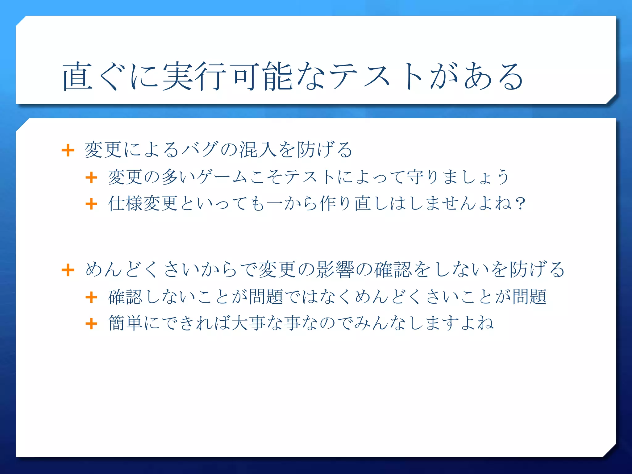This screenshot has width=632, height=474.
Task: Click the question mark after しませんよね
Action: tap(520, 204)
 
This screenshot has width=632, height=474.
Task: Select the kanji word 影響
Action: tap(335, 269)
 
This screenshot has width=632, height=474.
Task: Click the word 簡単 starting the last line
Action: tap(125, 323)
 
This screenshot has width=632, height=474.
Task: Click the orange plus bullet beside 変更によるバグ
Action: tap(68, 151)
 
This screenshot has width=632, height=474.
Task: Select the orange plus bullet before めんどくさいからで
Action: tap(68, 270)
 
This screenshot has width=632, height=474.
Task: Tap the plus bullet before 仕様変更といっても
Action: tap(91, 204)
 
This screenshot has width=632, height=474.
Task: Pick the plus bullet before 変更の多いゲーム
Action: tap(91, 178)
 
